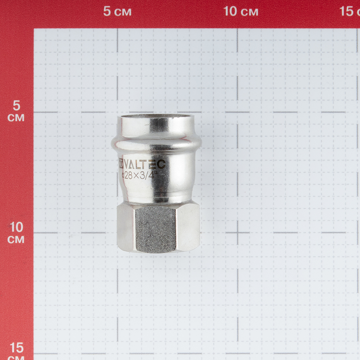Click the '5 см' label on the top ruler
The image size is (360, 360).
click(x=117, y=11)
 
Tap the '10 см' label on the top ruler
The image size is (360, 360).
click(x=240, y=11)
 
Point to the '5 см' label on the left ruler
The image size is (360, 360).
click(x=16, y=111)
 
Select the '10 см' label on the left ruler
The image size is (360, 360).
click(x=16, y=233)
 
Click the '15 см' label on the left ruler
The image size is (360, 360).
click(x=16, y=351)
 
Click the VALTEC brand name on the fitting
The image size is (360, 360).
click(x=145, y=164)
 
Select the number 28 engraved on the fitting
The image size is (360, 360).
click(x=129, y=176)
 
